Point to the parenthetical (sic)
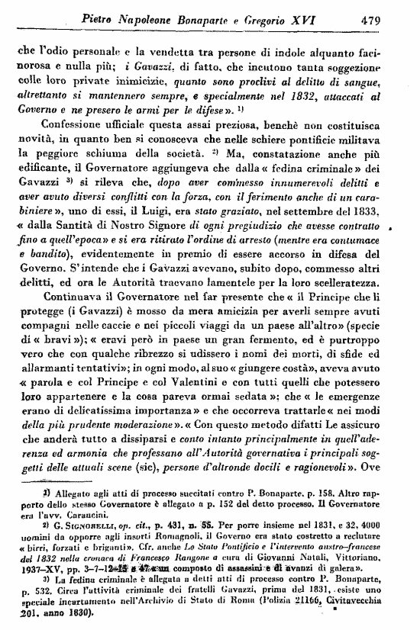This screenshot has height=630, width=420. (x=169, y=468)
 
